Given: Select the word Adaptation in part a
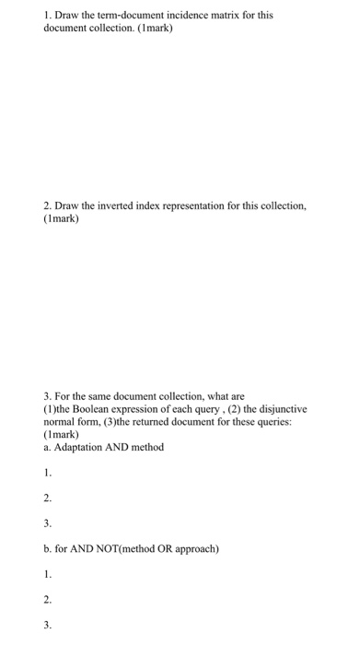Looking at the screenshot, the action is (81, 446).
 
